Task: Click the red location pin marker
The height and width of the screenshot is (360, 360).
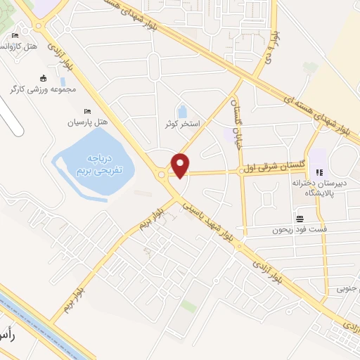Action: coord(181,166)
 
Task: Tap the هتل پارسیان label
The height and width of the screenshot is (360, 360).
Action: coord(87,122)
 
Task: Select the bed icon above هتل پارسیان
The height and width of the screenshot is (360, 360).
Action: coord(87,111)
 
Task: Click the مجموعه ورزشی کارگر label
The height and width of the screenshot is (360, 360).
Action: coord(43,89)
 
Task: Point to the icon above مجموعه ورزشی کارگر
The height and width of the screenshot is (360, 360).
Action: coord(44,78)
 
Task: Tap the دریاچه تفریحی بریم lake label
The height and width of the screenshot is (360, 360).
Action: coord(99,164)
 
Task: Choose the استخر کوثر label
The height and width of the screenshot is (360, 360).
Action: coord(181,124)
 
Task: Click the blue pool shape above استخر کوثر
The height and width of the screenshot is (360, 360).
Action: coord(182,111)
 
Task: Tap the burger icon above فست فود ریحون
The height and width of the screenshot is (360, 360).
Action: coord(300,218)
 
